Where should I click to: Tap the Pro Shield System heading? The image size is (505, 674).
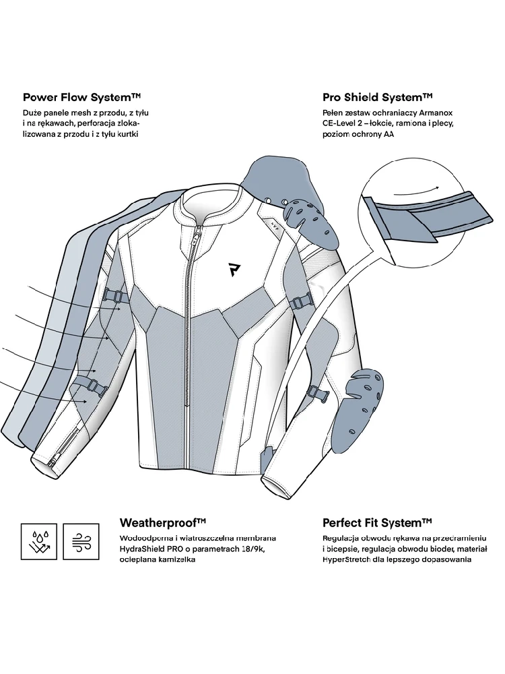click(377, 97)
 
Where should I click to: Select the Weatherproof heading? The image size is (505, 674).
click(162, 522)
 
